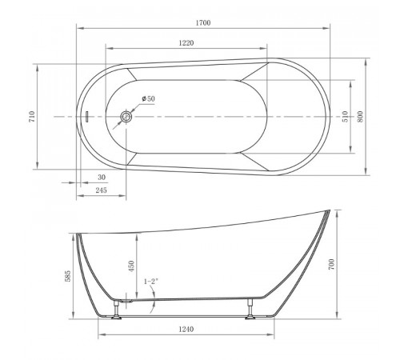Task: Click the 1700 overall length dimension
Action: pos(203,23)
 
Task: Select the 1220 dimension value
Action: pos(186,43)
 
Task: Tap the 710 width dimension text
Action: pos(32,117)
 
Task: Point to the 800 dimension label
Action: pos(360,117)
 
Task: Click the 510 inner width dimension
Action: pos(345,117)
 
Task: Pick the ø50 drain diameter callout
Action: pos(149,98)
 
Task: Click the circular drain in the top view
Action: pos(126,117)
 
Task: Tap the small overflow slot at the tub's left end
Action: pos(86,117)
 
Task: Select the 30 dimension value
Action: pos(102,177)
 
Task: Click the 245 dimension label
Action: pos(102,190)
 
